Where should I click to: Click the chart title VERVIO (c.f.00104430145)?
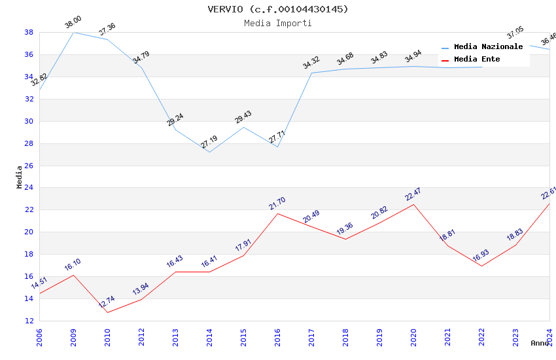(x=278, y=9)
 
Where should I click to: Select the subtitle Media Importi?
(x=278, y=23)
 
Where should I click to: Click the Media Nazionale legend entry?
(x=488, y=47)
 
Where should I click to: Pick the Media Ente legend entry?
(x=477, y=60)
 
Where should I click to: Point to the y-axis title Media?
(x=20, y=177)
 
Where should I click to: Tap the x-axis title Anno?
(x=540, y=343)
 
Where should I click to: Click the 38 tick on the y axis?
(x=29, y=32)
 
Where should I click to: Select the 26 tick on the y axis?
(x=29, y=166)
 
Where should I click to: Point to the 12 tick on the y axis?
(x=29, y=321)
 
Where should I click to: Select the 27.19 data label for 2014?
(x=209, y=142)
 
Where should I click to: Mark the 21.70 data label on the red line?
(x=277, y=204)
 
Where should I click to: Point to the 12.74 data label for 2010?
(x=107, y=302)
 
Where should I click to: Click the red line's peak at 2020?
(x=413, y=204)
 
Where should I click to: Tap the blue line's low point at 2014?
(x=209, y=152)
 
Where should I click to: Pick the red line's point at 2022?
(x=481, y=266)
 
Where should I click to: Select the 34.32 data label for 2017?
(x=311, y=63)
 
